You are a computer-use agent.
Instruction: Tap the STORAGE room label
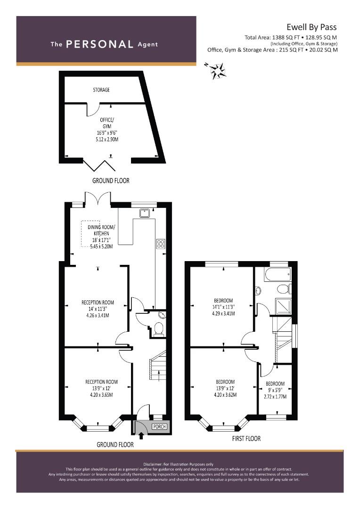click(101, 90)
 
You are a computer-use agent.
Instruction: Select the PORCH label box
click(159, 427)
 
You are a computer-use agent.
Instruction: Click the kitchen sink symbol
click(145, 213)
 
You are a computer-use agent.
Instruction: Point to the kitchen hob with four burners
click(161, 244)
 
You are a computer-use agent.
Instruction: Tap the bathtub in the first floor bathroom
click(278, 275)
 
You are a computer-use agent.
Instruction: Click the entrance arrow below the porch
click(141, 435)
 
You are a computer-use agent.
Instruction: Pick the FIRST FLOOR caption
click(246, 439)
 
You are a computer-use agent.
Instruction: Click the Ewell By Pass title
click(311, 27)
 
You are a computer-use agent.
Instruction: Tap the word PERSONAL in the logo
click(99, 44)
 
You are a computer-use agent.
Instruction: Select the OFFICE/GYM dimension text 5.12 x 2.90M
click(107, 139)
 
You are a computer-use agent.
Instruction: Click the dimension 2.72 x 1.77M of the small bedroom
click(275, 396)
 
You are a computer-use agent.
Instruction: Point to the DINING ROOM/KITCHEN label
click(101, 230)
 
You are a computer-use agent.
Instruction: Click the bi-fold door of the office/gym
click(99, 165)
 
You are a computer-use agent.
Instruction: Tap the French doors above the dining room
click(98, 199)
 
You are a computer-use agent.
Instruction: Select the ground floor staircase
click(157, 365)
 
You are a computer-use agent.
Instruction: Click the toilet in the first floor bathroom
click(284, 288)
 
